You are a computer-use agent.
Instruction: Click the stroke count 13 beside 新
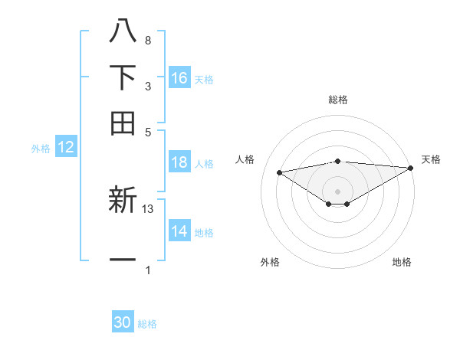pyautogui.click(x=149, y=208)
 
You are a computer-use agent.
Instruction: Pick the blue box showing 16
pyautogui.click(x=179, y=77)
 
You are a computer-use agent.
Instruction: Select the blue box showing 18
pyautogui.click(x=179, y=162)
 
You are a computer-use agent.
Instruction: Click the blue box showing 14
pyautogui.click(x=179, y=231)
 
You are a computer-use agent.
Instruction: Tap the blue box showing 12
pyautogui.click(x=66, y=148)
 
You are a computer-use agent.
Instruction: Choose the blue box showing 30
pyautogui.click(x=123, y=322)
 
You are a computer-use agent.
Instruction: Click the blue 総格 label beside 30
pyautogui.click(x=147, y=324)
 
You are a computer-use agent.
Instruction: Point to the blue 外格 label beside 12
pyautogui.click(x=41, y=149)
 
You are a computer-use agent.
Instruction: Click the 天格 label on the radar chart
pyautogui.click(x=431, y=159)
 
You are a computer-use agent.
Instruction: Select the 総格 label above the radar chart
pyautogui.click(x=338, y=100)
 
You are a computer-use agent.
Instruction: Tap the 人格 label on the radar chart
pyautogui.click(x=245, y=159)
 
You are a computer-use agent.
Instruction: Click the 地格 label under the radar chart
pyautogui.click(x=402, y=262)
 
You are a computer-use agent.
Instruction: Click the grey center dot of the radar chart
pyautogui.click(x=337, y=191)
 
